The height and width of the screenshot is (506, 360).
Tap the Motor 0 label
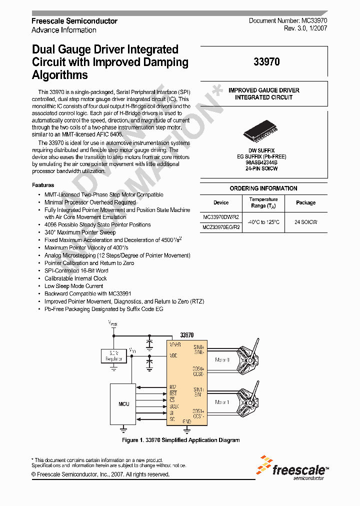point(222,359)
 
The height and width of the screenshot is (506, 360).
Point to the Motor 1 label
point(222,402)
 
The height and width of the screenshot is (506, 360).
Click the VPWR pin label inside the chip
point(175,345)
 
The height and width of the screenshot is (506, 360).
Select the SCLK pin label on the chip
point(174,406)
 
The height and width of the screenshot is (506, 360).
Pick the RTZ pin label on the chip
point(173,387)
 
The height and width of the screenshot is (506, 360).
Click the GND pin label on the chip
point(186,421)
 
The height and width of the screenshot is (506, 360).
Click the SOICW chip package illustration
point(263,133)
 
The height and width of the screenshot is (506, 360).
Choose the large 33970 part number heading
point(266,62)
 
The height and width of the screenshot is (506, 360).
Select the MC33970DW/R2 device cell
point(221,217)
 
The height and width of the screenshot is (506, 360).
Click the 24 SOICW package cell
point(305,221)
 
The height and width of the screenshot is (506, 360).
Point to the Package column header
point(305,202)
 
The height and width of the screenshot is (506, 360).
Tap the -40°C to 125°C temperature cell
point(263,221)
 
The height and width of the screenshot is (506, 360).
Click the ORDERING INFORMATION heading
point(263,188)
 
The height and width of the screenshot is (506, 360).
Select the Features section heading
point(43,185)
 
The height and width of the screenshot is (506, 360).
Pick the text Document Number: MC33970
point(287,21)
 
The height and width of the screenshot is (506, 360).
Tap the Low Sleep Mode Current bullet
point(73,286)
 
